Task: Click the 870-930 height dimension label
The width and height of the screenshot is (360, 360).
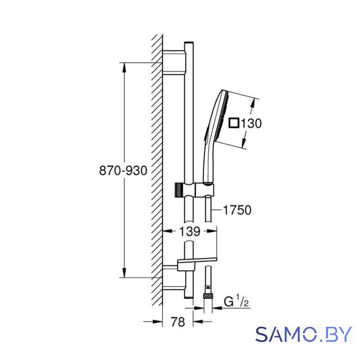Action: [123, 171]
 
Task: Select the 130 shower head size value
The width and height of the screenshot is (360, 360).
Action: [251, 123]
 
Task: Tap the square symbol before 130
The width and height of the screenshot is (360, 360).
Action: [234, 123]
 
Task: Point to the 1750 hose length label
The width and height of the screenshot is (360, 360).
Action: [237, 210]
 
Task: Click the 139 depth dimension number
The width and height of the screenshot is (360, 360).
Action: [190, 231]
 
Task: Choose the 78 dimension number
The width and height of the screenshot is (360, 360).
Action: [178, 322]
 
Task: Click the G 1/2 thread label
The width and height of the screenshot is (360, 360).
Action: [236, 301]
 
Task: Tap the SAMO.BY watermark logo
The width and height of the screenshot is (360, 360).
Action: [304, 334]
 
